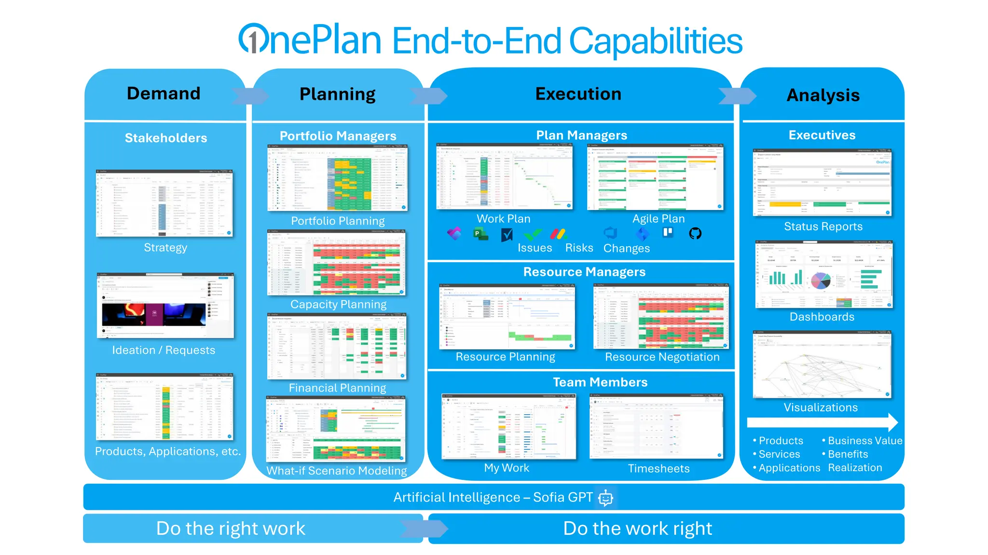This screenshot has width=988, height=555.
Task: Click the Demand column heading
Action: pos(164,93)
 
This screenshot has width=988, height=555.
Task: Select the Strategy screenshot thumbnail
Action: pos(165,203)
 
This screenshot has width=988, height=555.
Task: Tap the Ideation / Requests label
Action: pos(164,350)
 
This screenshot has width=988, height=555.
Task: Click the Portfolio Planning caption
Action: pos(338,221)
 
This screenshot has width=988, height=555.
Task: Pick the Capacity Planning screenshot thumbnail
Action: pos(337,263)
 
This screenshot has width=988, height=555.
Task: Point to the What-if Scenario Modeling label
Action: pos(337,471)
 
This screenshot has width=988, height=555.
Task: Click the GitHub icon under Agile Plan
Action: pos(695,234)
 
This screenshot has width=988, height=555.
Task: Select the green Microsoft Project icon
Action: pos(480,234)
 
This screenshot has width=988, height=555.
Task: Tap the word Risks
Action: pos(579,248)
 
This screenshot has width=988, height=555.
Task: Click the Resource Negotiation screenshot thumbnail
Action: pos(661,317)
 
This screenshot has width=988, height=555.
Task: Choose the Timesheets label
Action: pos(659,468)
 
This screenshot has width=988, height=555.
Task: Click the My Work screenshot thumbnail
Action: pos(508,427)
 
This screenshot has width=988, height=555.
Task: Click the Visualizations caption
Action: pos(821,408)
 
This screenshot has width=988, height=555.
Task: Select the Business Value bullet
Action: pos(864,440)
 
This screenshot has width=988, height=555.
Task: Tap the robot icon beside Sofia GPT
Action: pos(605,498)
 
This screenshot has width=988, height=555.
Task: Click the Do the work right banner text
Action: pos(637,529)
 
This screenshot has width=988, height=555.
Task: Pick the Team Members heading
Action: pos(600,383)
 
